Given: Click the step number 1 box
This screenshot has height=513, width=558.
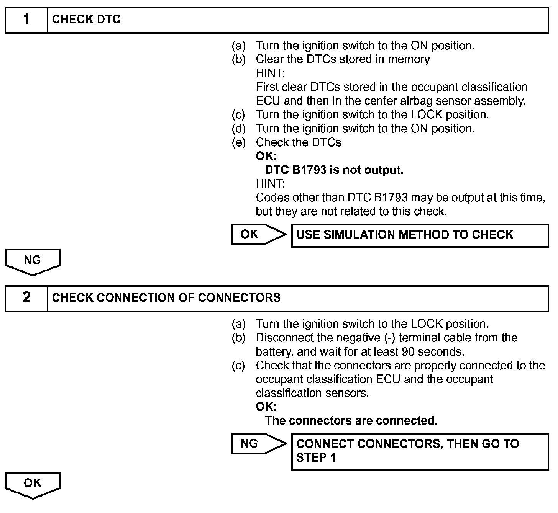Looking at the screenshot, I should (x=26, y=20).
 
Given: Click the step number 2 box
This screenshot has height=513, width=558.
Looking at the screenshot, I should (x=26, y=298).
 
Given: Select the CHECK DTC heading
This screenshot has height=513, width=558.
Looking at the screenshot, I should (x=86, y=20).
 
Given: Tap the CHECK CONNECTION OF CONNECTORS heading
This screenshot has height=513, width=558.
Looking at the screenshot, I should (x=166, y=298).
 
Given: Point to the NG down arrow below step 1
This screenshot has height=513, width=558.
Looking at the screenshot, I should (x=33, y=261).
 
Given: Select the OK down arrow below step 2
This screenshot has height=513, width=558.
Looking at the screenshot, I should (x=33, y=484).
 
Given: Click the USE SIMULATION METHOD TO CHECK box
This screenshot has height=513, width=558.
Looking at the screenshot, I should (x=420, y=235).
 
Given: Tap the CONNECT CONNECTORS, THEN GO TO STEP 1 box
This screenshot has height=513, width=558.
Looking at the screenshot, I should (x=420, y=451).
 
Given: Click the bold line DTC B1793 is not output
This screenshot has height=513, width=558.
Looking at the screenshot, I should (x=334, y=170).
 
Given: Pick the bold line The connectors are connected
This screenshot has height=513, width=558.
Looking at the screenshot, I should (x=351, y=421).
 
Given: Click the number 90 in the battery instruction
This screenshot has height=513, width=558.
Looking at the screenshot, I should (x=410, y=351).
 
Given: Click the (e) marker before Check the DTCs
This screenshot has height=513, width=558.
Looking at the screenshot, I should (x=238, y=142).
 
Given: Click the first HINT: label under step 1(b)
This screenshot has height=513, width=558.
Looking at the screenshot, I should (x=270, y=73).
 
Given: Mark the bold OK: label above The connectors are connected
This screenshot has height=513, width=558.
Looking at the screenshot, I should (x=266, y=407).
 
